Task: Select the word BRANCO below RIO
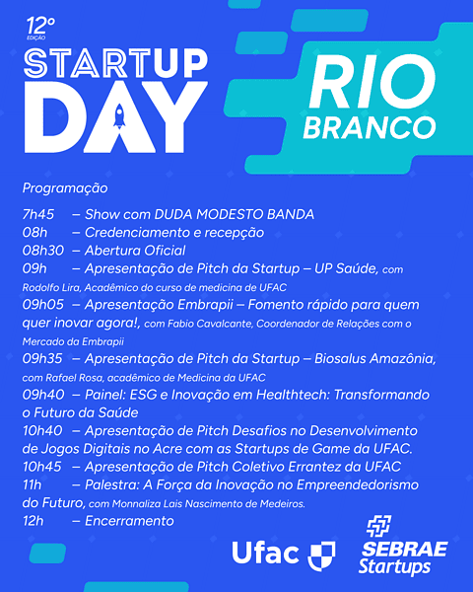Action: (369, 127)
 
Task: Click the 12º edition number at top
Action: (41, 22)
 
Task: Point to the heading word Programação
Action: (65, 187)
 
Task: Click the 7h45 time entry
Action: (38, 214)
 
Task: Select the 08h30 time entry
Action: (43, 251)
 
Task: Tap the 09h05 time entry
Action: (43, 305)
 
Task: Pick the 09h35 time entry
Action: (43, 358)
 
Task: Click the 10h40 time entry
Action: (44, 430)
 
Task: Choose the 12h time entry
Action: (34, 520)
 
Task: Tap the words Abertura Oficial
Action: (135, 251)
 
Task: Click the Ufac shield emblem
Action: (321, 554)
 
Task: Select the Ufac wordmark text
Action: (265, 553)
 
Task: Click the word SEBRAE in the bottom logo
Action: (405, 548)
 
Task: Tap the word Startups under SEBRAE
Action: (394, 567)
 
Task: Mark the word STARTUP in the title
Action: (116, 63)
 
